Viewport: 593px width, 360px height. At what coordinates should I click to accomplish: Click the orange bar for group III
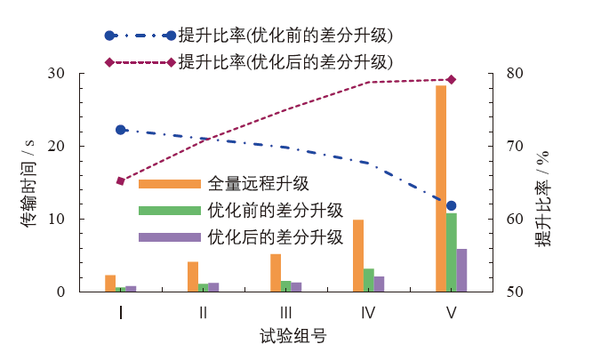pos(276,273)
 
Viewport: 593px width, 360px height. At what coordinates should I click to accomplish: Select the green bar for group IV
pos(369,280)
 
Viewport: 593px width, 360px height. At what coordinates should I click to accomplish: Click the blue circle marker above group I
pos(121,130)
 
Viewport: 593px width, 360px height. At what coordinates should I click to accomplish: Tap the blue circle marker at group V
pos(452,205)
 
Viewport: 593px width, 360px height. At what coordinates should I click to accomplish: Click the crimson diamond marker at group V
pos(452,80)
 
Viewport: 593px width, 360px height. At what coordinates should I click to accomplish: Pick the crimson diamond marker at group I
pos(121,181)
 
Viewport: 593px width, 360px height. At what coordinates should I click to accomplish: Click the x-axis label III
pos(285,312)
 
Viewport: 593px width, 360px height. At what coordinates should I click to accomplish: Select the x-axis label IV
pos(368,312)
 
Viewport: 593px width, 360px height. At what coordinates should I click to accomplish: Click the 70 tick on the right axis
pos(511,146)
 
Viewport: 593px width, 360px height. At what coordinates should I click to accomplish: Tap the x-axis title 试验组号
pos(286,338)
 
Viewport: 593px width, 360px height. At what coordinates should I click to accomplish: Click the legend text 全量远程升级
pos(258,184)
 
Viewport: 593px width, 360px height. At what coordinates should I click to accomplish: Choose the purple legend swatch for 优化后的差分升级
pos(169,237)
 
